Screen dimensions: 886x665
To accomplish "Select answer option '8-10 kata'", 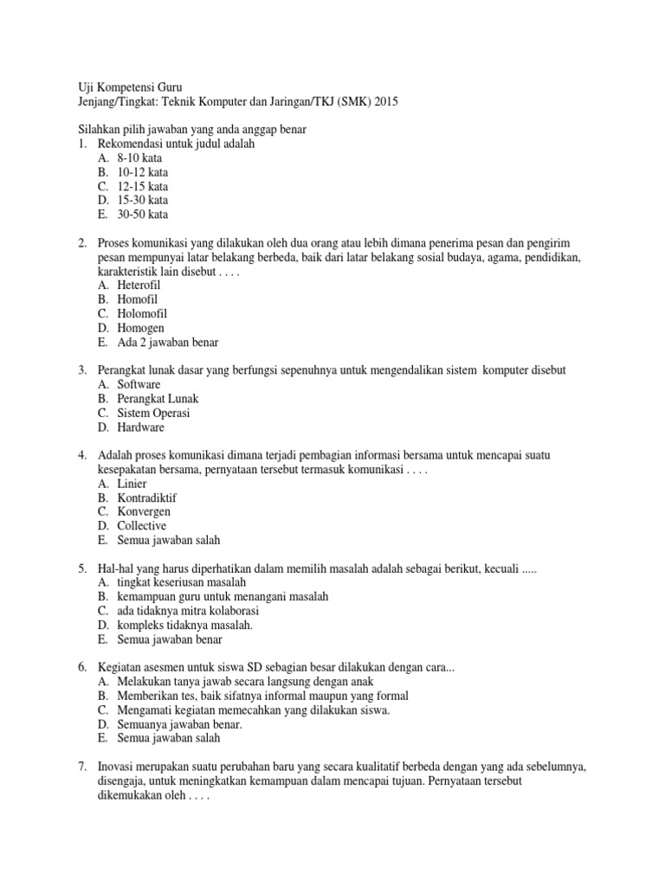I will [x=139, y=158].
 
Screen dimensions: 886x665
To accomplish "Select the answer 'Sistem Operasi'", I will [x=154, y=413].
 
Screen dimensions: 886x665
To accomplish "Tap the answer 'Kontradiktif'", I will [x=147, y=498].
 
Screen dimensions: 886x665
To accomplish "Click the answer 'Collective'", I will [x=142, y=525].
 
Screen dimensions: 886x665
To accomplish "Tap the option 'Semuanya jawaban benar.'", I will [x=180, y=724].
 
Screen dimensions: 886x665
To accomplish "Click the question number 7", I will [x=81, y=767].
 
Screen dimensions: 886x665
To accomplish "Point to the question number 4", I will [x=81, y=455].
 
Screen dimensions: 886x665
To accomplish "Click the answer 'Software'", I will [x=139, y=384].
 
